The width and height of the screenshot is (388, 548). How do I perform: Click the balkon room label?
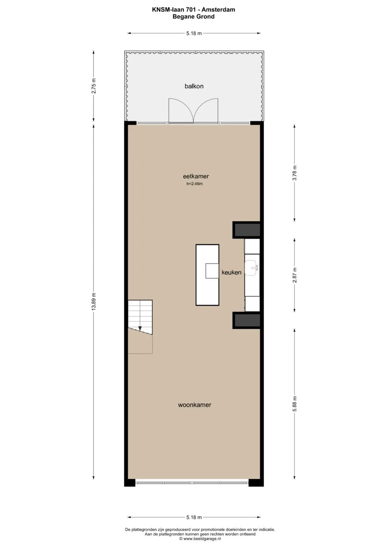pos(194,86)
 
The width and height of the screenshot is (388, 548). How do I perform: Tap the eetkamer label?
pos(196,176)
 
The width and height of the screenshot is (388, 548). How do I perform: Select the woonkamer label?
pos(194,405)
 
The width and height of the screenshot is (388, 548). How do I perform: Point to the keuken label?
pos(231,272)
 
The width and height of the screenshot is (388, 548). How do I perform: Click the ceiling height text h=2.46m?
pos(194,184)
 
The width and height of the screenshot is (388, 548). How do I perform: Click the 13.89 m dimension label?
pos(93,301)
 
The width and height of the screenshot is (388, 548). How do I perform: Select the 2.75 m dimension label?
pos(93,86)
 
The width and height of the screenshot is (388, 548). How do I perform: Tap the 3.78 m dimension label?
pos(295,173)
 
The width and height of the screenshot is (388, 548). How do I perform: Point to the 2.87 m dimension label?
pos(295,275)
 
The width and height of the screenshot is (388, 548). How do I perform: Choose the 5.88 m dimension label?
pos(295,404)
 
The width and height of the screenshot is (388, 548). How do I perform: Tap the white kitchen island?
pos(207,275)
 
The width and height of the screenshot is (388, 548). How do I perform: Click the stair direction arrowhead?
pos(140,328)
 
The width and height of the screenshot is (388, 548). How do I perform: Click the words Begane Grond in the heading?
pos(194,17)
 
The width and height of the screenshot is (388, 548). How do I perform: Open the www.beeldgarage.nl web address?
pos(202,538)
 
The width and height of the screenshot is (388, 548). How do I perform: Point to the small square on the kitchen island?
pos(212,271)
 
